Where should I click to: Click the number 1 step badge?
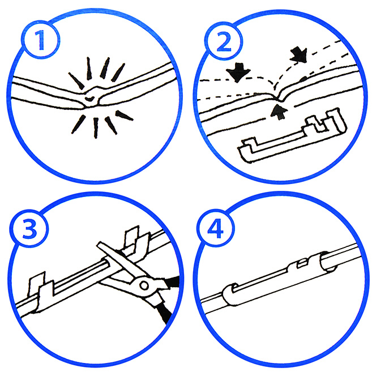pos(41,40)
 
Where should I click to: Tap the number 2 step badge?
pos(223,41)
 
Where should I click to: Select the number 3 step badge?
pos(29,229)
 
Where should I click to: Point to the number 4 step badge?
pos(215,228)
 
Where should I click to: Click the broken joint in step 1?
pos(91,98)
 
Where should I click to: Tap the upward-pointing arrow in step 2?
pos(279,111)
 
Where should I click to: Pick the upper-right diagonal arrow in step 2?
pos(299,55)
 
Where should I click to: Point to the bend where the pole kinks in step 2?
pos(278,98)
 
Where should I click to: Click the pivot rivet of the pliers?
pos(144,285)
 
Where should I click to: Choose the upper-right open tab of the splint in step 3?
pos(135,242)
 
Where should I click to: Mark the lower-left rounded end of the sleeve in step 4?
pos(229,294)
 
